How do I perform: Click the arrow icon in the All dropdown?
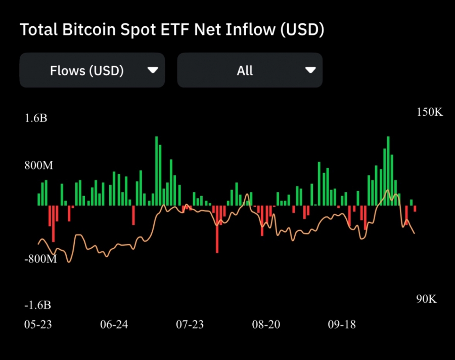pyautogui.click(x=310, y=70)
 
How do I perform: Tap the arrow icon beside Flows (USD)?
pyautogui.click(x=153, y=70)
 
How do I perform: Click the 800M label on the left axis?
pyautogui.click(x=39, y=165)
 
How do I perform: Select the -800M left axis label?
pyautogui.click(x=41, y=259)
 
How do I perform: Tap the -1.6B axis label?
pyautogui.click(x=37, y=305)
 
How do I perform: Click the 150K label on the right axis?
pyautogui.click(x=429, y=112)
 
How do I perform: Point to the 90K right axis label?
pyautogui.click(x=426, y=299)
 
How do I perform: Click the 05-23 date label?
pyautogui.click(x=38, y=324)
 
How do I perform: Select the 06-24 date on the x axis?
pyautogui.click(x=114, y=324)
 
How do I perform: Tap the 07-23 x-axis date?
pyautogui.click(x=190, y=324)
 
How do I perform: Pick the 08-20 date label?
pyautogui.click(x=266, y=324)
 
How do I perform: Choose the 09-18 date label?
pyautogui.click(x=342, y=324)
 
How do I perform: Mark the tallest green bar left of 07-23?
pyautogui.click(x=157, y=171)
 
